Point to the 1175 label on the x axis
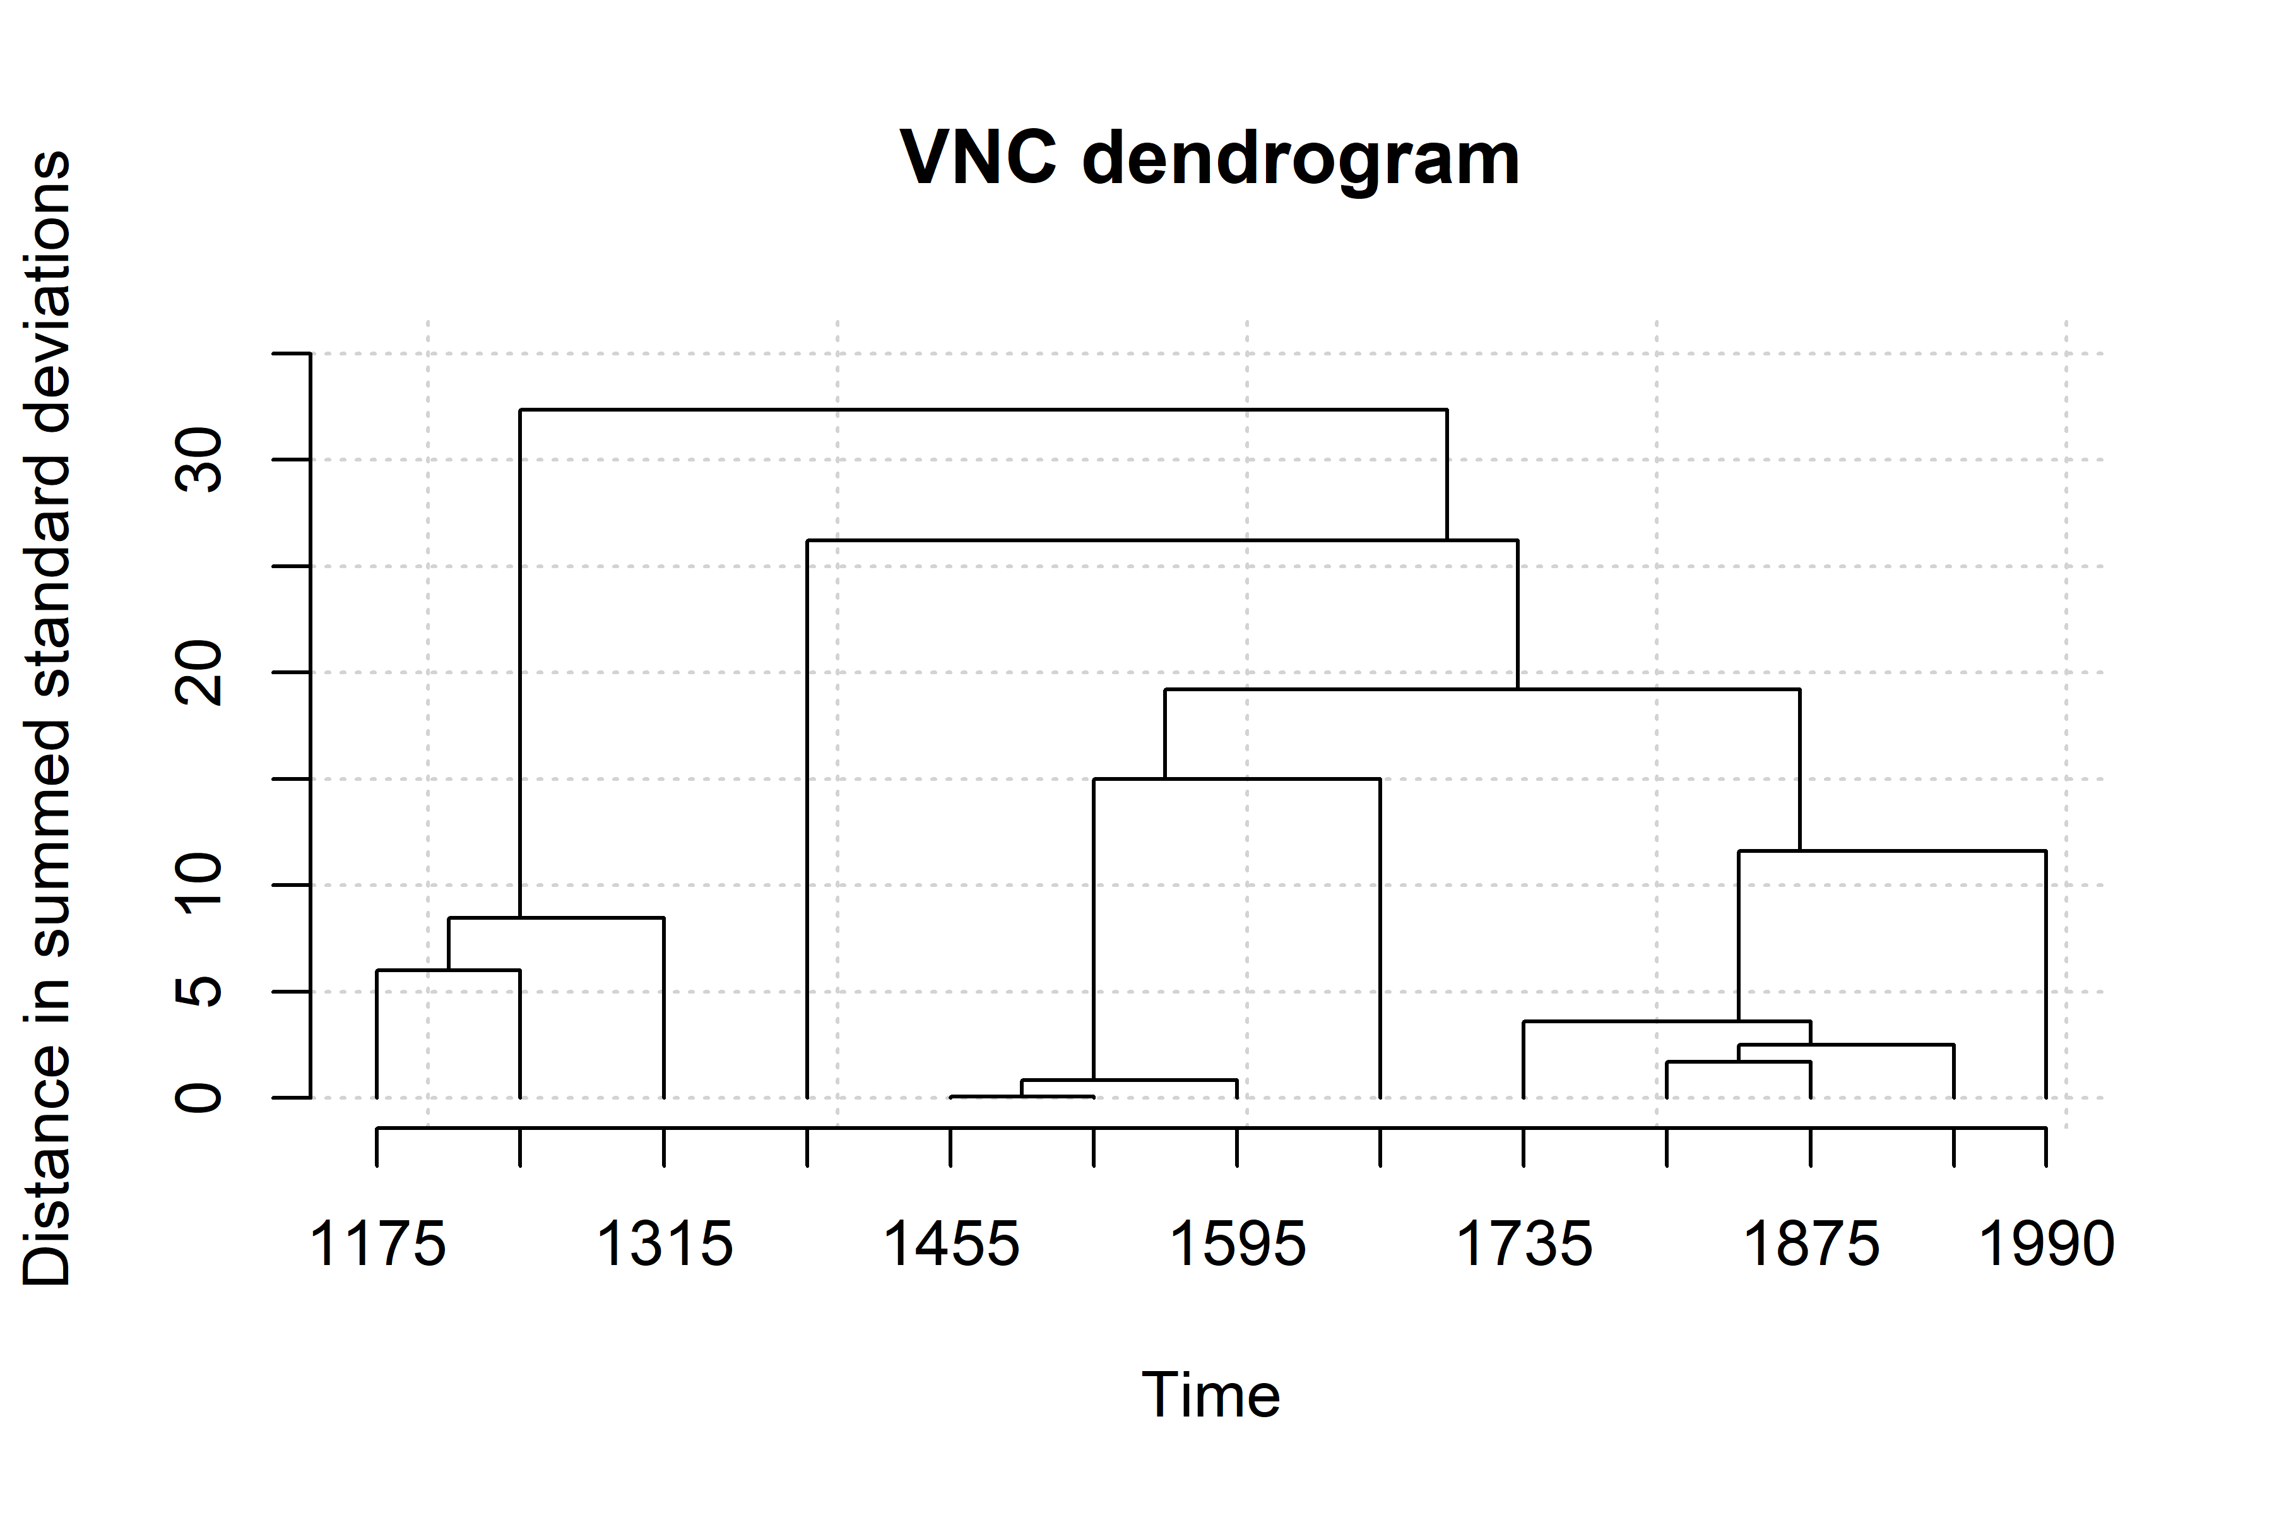(x=377, y=1244)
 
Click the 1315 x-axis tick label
(x=665, y=1244)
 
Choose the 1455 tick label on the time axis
(x=952, y=1244)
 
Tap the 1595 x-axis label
(x=1238, y=1244)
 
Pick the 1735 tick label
(x=1524, y=1244)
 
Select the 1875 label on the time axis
(x=1810, y=1244)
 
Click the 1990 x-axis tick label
(x=2046, y=1244)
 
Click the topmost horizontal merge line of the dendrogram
(x=983, y=410)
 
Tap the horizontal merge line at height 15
(x=1236, y=779)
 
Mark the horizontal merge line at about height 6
(x=448, y=970)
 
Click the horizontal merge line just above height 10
(x=1891, y=851)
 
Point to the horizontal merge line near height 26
(x=1162, y=540)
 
